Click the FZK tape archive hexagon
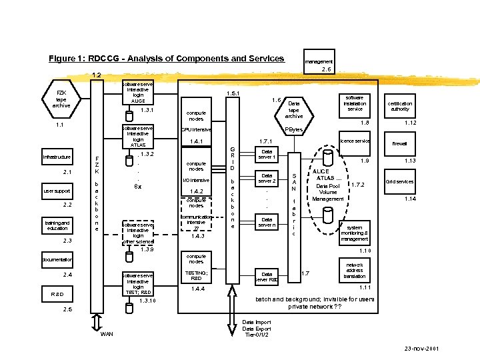coord(61,97)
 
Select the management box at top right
coord(319,61)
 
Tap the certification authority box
coord(400,106)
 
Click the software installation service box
coord(355,103)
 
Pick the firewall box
coord(400,143)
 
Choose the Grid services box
coord(400,181)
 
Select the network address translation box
coord(355,269)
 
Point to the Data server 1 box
coord(267,154)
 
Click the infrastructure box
coord(57,157)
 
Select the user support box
coord(57,191)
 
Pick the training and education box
coord(57,225)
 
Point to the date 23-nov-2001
coord(422,349)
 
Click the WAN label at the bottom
coord(106,334)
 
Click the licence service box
coord(355,141)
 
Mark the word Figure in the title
coord(65,58)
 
